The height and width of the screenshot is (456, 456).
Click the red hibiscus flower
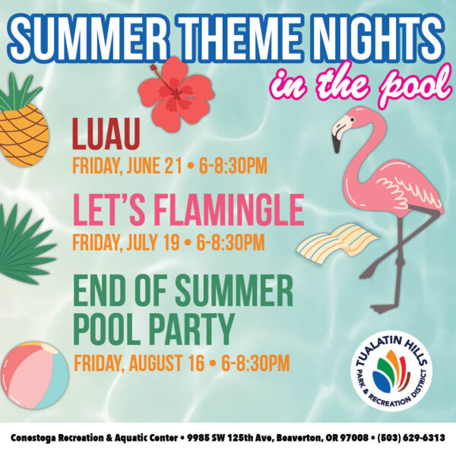pyautogui.click(x=176, y=93)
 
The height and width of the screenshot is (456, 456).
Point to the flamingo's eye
pyautogui.click(x=353, y=119)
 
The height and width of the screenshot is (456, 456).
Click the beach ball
pyautogui.click(x=35, y=375)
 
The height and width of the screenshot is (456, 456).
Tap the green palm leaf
pyautogui.click(x=25, y=244)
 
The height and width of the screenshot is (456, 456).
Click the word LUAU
pyautogui.click(x=106, y=134)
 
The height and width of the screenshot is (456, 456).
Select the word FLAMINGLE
pyautogui.click(x=229, y=210)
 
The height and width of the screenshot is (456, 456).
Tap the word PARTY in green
pyautogui.click(x=193, y=329)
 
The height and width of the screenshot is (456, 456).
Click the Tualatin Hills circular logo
pyautogui.click(x=391, y=371)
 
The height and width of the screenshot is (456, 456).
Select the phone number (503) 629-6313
pyautogui.click(x=411, y=438)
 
